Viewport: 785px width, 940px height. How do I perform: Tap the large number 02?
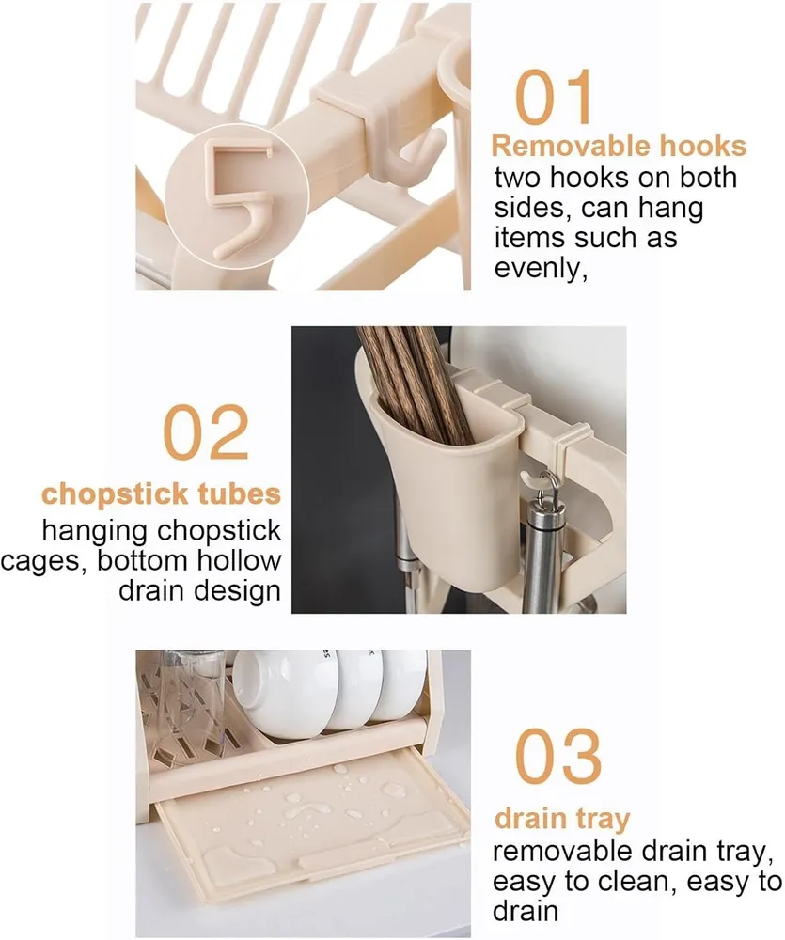pos(206,431)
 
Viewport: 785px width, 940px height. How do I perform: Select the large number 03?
pos(557,756)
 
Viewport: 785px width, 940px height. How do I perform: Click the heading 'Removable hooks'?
pos(619,147)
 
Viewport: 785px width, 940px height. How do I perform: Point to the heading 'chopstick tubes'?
pos(162,494)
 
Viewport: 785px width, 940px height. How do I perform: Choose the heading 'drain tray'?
pos(562,819)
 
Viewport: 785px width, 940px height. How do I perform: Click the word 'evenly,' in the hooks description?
pos(541,268)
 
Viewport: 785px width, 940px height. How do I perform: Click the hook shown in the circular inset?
pos(234,197)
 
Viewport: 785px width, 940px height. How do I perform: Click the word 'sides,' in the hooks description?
pos(531,209)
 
